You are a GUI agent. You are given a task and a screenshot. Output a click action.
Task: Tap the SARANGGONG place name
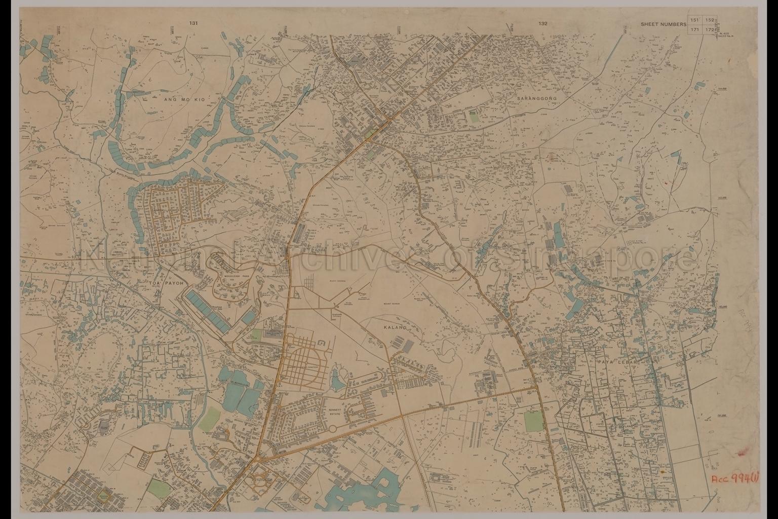coord(536,98)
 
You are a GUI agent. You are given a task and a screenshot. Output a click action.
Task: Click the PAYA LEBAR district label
coord(615,363)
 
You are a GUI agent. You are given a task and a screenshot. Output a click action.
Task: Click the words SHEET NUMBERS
coord(663,24)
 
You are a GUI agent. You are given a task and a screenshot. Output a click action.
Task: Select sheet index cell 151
coord(695,20)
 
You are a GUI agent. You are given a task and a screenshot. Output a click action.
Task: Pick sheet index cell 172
coord(710,30)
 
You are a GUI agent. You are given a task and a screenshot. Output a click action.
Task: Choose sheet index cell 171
coord(695,30)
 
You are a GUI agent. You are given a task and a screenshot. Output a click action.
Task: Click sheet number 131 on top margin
coord(192,23)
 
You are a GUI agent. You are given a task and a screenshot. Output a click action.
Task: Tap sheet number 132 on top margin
coord(543,23)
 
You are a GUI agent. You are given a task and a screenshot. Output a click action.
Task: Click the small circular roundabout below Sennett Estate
coord(332,429)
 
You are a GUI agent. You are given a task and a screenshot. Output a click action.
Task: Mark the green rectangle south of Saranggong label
coord(474,116)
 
